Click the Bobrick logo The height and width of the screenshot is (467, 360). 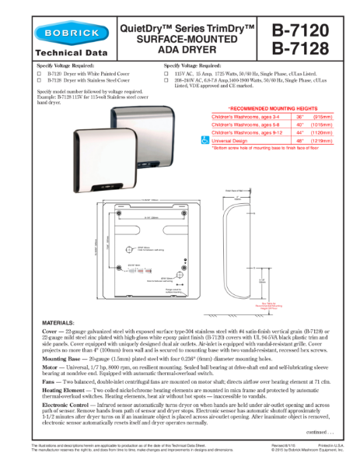61,35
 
